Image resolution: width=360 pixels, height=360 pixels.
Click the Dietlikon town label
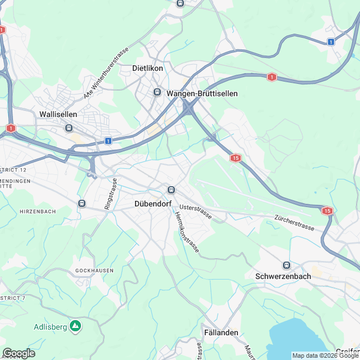pos(147,68)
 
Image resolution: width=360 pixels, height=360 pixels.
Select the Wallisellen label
pos(58,114)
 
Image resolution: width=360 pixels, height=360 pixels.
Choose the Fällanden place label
pos(221,332)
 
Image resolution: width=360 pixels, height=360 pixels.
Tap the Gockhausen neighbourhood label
pos(94,271)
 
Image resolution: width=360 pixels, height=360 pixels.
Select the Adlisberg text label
pos(51,326)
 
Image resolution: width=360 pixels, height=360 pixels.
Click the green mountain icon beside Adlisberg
pos(75,326)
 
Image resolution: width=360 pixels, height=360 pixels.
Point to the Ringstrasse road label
pos(110,195)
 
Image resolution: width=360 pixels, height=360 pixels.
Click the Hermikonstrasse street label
pos(186,232)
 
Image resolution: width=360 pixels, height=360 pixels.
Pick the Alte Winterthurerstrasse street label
pos(106,74)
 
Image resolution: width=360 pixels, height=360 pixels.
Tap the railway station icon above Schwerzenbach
pos(287,265)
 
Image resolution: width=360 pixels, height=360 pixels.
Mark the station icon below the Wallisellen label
pos(69,128)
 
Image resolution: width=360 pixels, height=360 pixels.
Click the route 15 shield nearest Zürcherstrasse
pos(327,211)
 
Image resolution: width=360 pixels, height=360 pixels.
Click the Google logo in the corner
pos(19,353)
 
